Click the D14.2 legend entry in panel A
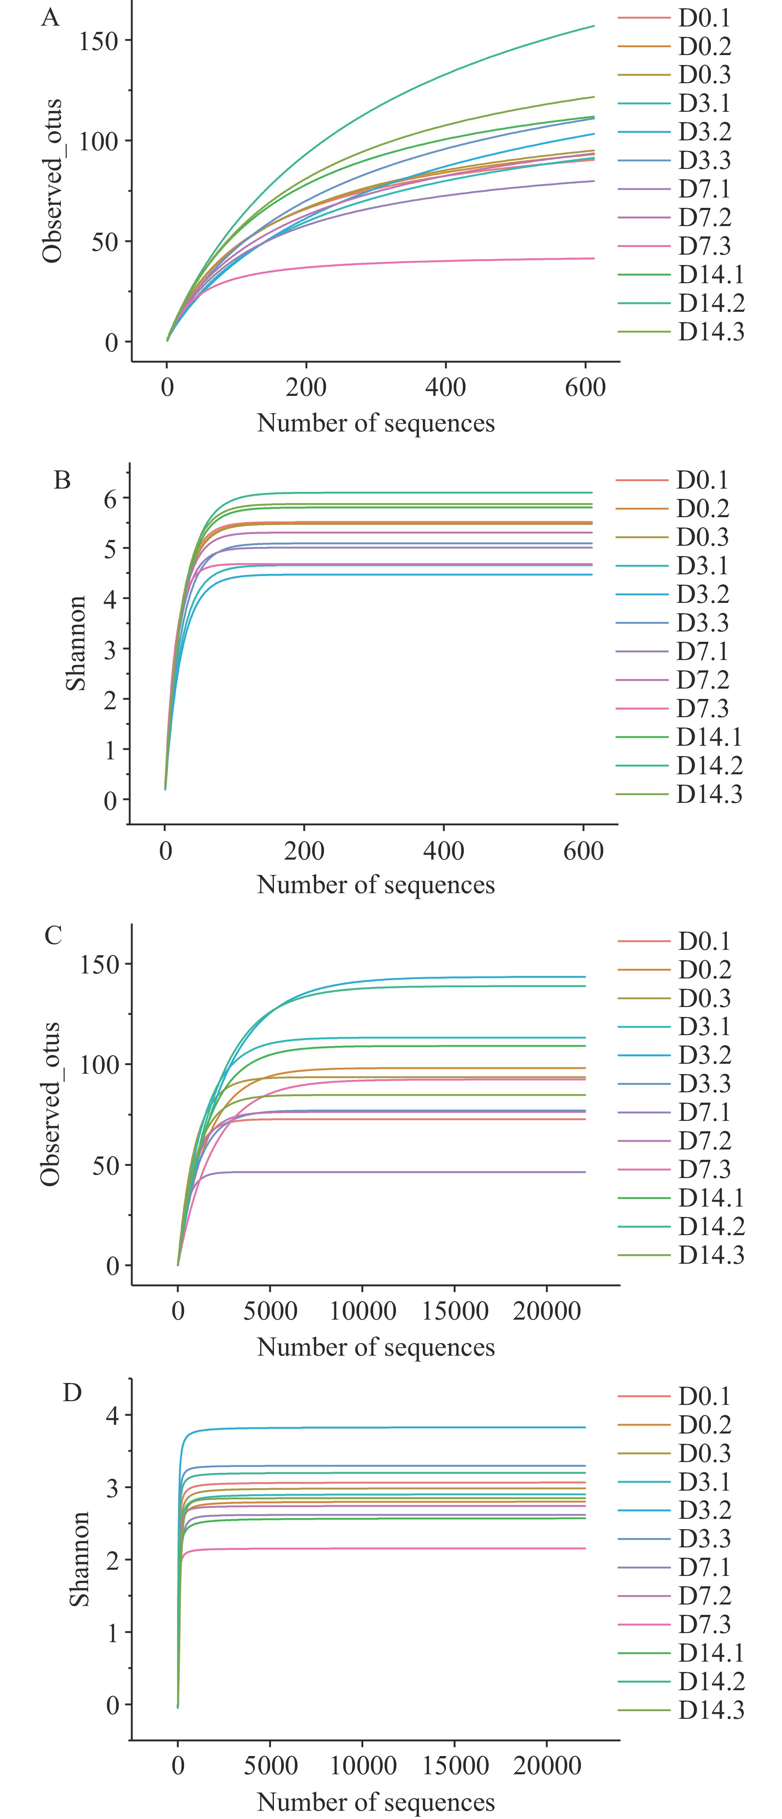point(711,303)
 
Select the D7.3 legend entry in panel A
point(704,246)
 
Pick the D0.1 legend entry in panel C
point(704,941)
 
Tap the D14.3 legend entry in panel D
point(711,1710)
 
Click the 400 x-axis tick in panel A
point(445,387)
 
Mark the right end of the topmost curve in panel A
point(594,26)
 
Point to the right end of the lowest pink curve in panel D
point(585,1549)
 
